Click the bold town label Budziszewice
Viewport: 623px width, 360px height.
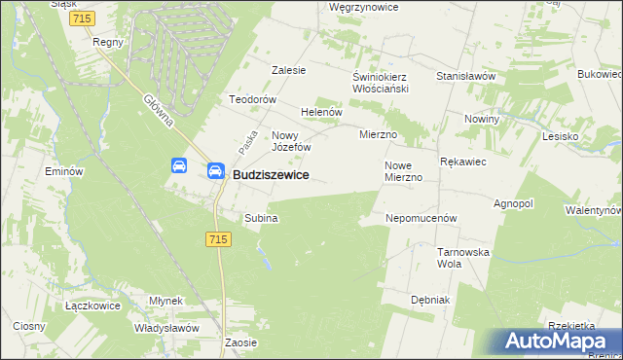click(272, 174)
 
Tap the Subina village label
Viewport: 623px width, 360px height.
click(262, 218)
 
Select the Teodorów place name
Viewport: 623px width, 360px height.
click(253, 99)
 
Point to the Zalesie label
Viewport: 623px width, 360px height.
click(289, 70)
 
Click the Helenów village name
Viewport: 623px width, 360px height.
click(322, 112)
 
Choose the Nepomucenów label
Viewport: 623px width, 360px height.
click(421, 219)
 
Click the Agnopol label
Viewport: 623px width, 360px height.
click(514, 204)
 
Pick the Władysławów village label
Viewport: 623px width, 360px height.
click(167, 328)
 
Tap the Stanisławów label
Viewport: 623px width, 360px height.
click(466, 76)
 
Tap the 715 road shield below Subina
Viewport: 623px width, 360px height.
click(219, 239)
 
